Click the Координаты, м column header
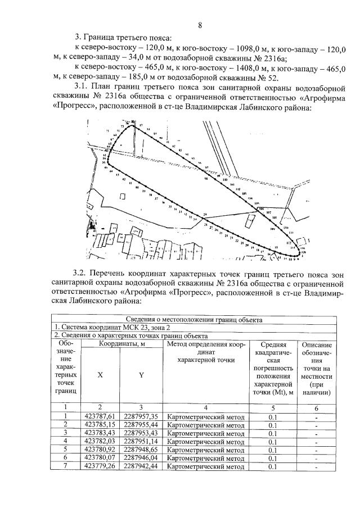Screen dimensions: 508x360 tap(123, 343)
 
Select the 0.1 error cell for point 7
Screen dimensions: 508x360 tap(272, 467)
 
